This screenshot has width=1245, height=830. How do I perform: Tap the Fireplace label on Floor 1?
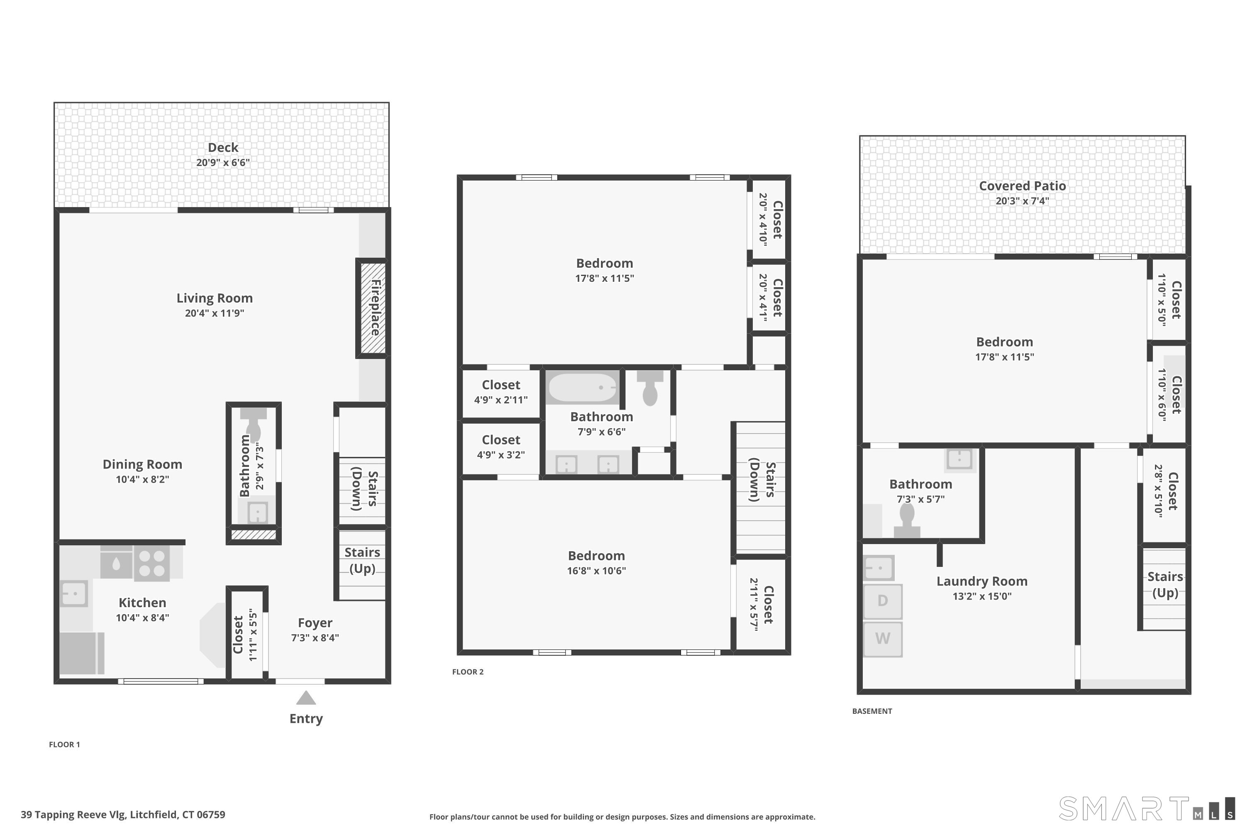pos(375,308)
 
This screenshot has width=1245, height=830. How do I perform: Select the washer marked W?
pos(882,639)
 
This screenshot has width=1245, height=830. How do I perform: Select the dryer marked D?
pos(882,601)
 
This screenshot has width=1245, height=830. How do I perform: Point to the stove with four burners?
pos(151,563)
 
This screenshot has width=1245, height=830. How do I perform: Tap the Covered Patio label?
pos(1022,186)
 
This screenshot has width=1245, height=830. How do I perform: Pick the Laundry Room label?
pos(982,581)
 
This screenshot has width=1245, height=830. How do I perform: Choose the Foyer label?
pos(315,623)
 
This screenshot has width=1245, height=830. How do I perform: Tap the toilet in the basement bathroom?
pos(907,520)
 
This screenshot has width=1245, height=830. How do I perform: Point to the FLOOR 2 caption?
pos(468,672)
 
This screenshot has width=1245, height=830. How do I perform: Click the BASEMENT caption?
pos(872,711)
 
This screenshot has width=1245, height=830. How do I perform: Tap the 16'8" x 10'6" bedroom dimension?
pos(597,571)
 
